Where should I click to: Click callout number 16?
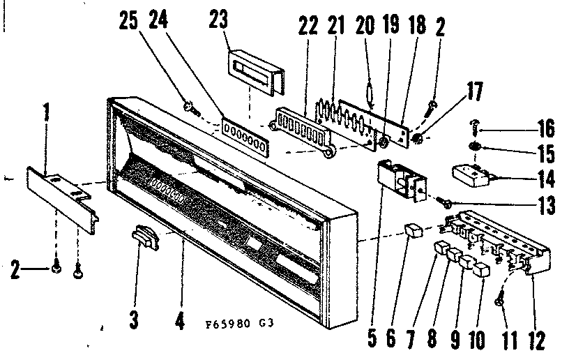coord(546,128)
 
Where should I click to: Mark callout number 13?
coord(546,207)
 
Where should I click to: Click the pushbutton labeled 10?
coord(480,271)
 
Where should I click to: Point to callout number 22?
coord(307,24)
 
